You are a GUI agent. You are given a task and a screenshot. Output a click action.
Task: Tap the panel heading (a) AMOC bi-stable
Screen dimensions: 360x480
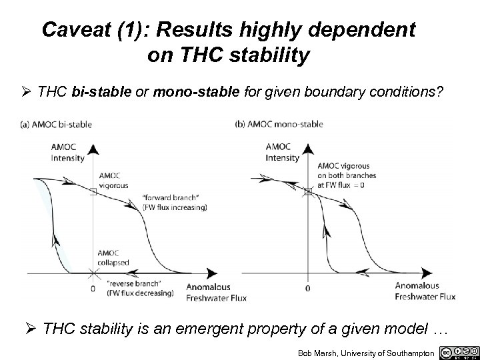pos(56,124)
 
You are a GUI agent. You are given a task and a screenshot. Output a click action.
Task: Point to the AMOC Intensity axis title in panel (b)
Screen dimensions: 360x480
pos(281,153)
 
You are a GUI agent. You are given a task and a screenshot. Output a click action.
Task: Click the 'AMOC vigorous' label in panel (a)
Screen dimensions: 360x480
pos(113,181)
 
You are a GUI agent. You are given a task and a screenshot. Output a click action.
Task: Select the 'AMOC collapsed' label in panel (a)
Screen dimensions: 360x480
pos(114,258)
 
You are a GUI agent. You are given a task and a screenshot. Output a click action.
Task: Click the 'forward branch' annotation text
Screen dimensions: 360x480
pos(175,202)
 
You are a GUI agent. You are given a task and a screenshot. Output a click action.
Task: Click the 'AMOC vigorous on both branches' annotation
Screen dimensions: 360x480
pos(346,175)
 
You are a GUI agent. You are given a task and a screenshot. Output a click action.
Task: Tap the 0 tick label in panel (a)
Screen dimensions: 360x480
pos(93,289)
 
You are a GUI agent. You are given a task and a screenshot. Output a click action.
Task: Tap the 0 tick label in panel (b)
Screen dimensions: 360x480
pos(307,289)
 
